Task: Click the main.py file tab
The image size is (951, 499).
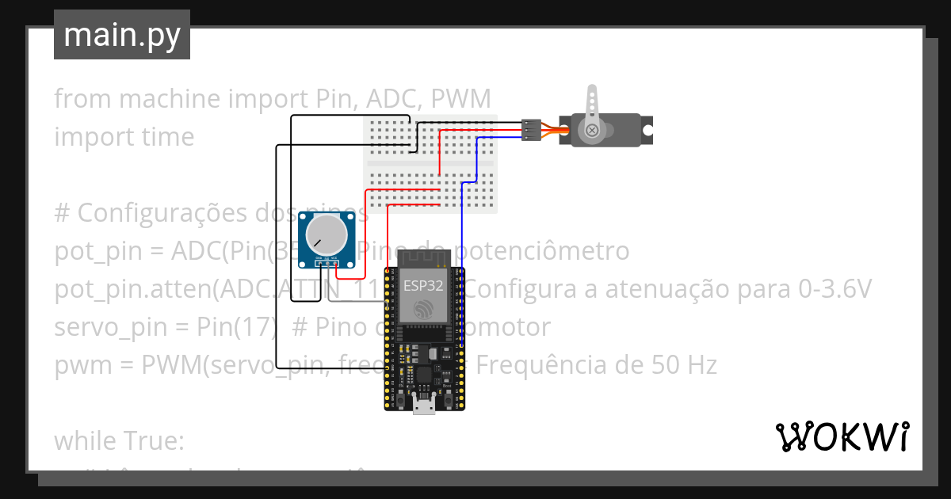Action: tap(121, 35)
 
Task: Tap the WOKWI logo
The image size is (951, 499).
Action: tap(841, 436)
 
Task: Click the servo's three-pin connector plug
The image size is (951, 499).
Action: tap(531, 129)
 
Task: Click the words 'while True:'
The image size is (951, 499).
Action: tap(119, 440)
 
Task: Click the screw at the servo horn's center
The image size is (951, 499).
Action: tap(592, 130)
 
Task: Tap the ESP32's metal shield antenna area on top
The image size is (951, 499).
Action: tap(423, 257)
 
